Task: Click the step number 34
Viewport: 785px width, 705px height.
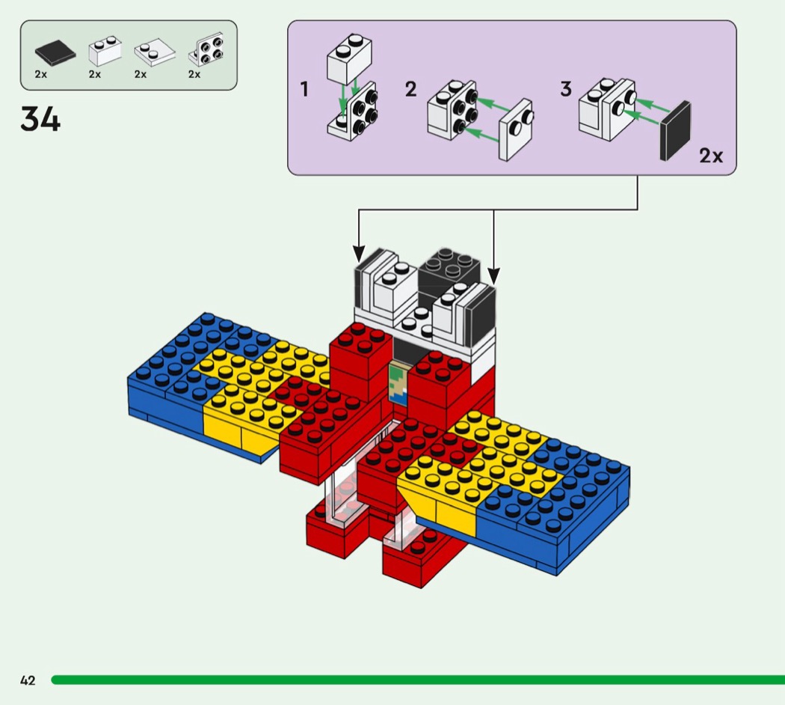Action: (40, 120)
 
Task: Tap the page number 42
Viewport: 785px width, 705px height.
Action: (28, 680)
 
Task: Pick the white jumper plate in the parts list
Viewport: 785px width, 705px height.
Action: (154, 52)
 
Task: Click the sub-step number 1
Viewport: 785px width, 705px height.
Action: (304, 90)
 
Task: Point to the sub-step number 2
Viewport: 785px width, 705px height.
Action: (410, 90)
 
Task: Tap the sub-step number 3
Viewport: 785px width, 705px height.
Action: (566, 90)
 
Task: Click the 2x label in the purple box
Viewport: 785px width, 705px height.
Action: (711, 156)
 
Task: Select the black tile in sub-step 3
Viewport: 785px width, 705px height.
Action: (675, 131)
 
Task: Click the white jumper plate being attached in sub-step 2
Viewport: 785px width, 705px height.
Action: (516, 129)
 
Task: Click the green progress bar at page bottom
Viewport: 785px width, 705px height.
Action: (419, 680)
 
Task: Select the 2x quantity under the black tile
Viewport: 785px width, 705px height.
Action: (41, 74)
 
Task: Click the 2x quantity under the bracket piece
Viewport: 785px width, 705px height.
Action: (194, 74)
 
